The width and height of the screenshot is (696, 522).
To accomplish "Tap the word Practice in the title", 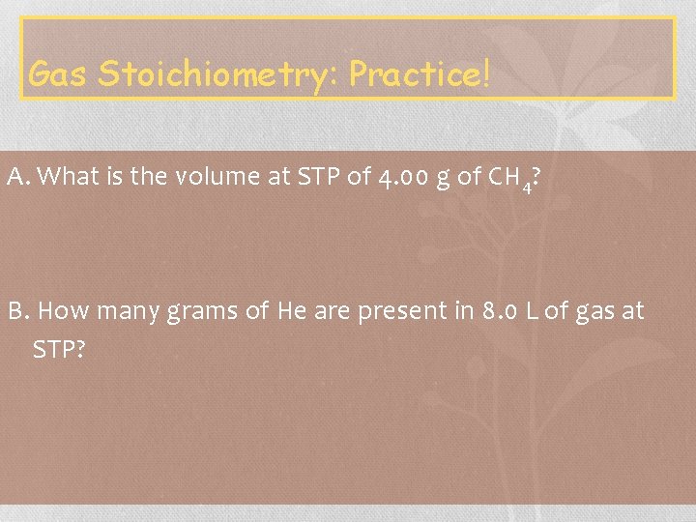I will [x=414, y=72].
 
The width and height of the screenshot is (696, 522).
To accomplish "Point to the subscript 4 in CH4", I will [x=526, y=187].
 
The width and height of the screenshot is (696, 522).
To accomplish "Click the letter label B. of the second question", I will [x=20, y=311].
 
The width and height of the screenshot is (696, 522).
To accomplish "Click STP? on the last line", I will [x=59, y=348].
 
